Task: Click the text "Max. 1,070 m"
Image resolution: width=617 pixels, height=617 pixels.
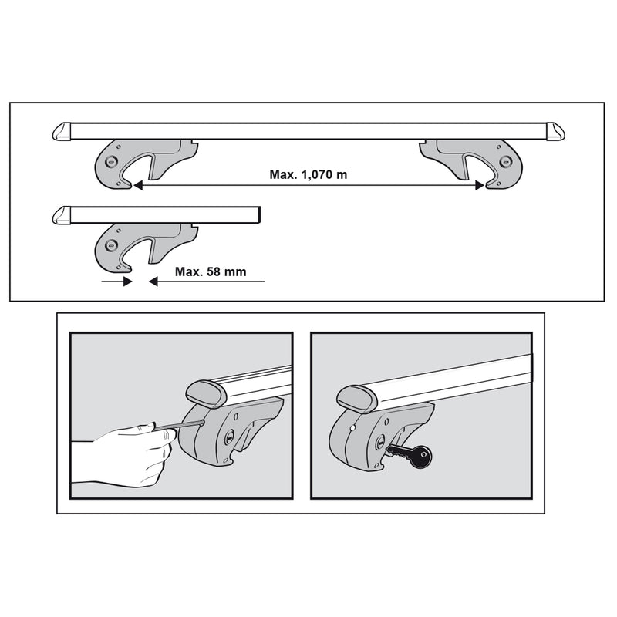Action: pyautogui.click(x=308, y=174)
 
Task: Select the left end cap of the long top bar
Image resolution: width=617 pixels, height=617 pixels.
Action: pyautogui.click(x=62, y=132)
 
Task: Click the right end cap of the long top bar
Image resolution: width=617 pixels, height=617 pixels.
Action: pyautogui.click(x=558, y=132)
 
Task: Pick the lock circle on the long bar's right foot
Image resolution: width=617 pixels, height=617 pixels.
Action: pyautogui.click(x=505, y=160)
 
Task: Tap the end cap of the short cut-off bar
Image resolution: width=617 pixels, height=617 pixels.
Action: pyautogui.click(x=62, y=215)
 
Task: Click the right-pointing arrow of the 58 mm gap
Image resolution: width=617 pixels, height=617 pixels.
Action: pyautogui.click(x=126, y=282)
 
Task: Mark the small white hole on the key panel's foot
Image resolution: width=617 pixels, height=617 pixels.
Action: pyautogui.click(x=352, y=427)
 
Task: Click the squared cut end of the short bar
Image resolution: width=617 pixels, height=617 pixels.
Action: pyautogui.click(x=261, y=214)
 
